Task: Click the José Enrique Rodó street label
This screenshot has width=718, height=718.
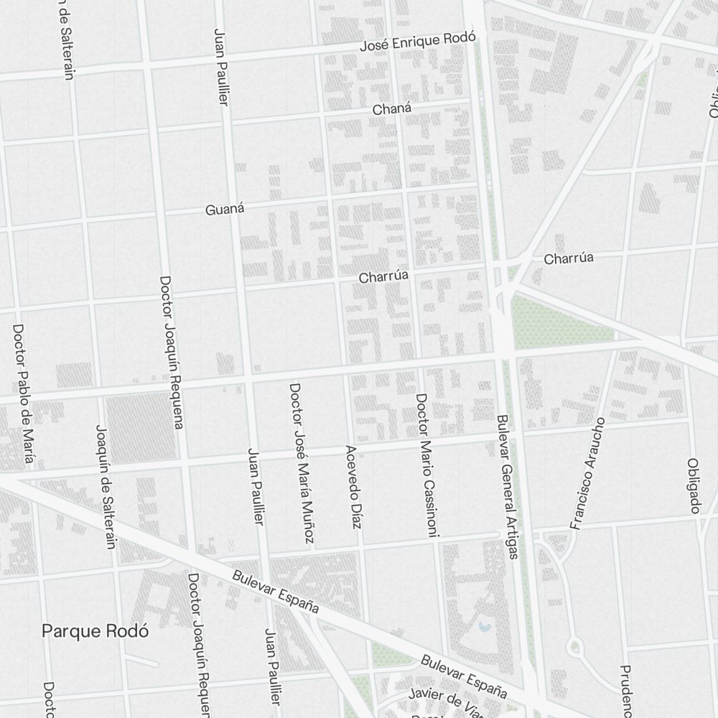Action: coord(418,44)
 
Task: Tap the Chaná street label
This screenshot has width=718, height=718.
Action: coord(392,109)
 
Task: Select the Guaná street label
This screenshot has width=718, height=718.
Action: coord(225,210)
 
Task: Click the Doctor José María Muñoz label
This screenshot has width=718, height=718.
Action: coord(302,463)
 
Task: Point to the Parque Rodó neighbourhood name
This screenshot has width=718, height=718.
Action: coord(95,631)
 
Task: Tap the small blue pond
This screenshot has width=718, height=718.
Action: coord(484,627)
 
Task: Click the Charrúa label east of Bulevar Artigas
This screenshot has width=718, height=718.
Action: coord(569,258)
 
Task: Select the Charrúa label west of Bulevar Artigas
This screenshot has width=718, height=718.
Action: coord(383,276)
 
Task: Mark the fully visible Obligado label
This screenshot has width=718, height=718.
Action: coord(694,486)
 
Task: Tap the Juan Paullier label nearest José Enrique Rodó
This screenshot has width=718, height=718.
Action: coord(221,67)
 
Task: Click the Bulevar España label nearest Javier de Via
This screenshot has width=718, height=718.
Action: coord(464,676)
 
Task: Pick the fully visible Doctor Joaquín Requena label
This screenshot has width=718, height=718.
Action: coord(171,352)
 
